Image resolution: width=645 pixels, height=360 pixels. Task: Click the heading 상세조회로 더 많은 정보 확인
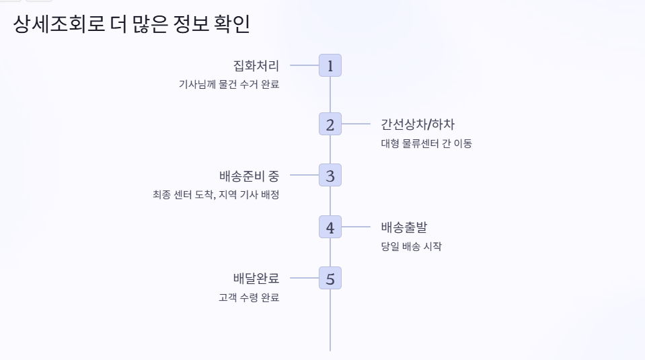131,25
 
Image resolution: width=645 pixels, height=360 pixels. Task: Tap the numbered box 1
330,65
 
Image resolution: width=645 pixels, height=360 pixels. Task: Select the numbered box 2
330,124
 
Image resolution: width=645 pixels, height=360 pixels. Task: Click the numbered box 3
330,176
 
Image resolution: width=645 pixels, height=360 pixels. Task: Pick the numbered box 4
330,227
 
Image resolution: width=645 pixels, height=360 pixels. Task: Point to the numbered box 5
330,278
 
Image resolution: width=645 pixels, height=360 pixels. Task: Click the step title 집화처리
256,65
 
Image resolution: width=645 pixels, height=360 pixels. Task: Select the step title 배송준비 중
249,176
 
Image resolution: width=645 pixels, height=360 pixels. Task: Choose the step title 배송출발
404,227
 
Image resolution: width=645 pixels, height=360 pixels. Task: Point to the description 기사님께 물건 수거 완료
229,84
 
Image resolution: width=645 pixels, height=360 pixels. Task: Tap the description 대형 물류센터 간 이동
426,143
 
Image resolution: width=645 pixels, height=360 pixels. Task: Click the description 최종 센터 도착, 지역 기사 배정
215,195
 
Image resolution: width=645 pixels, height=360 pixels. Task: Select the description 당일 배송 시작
411,246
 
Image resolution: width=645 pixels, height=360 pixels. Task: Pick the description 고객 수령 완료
249,297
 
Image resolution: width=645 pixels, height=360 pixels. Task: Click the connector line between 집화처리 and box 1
304,65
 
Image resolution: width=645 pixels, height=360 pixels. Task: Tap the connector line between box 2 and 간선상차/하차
356,124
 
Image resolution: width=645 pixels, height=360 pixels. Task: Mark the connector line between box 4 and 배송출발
356,227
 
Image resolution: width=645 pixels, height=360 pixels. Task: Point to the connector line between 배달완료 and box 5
304,278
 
